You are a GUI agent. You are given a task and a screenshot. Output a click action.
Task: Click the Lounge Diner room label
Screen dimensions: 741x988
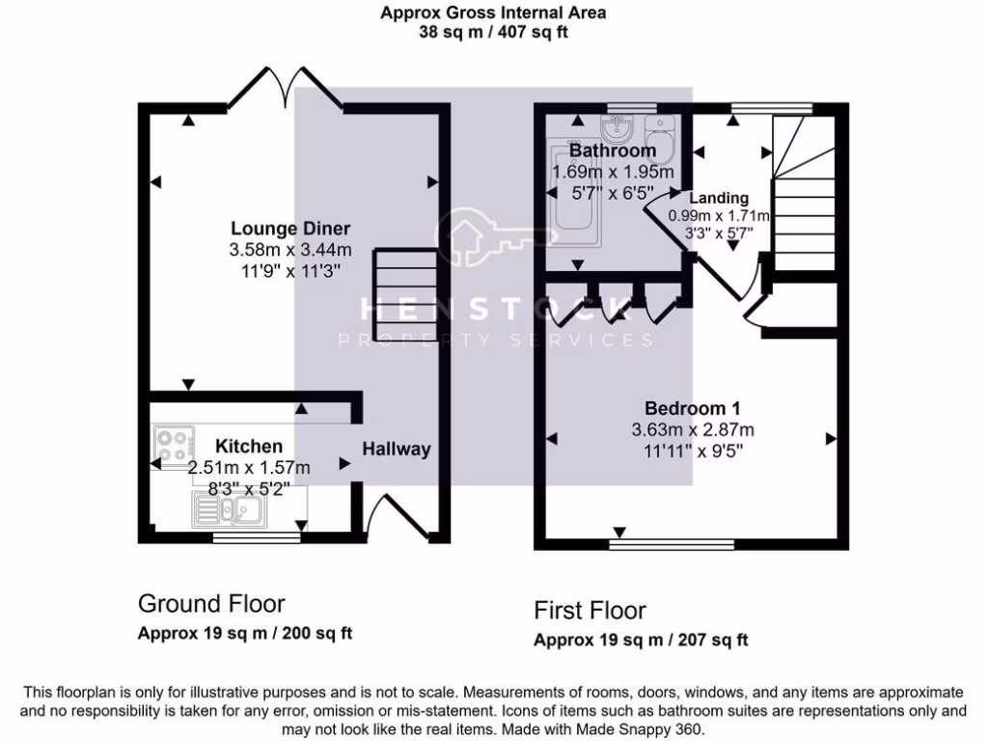[289, 229]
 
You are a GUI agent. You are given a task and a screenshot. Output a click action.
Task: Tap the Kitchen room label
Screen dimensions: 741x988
[249, 446]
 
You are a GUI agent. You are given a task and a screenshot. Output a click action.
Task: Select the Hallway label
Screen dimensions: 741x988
[397, 449]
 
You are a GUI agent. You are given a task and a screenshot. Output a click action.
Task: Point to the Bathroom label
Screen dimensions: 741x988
[612, 151]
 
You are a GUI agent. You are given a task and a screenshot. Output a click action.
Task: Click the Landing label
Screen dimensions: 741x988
[726, 198]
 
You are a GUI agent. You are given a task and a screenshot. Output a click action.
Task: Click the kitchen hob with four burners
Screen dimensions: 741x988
[174, 445]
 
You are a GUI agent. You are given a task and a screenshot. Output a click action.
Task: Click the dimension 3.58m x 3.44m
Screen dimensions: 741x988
[289, 249]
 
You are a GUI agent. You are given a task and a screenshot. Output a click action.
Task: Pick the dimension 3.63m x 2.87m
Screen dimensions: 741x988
[693, 429]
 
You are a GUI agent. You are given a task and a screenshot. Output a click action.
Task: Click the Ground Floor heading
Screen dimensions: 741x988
[211, 604]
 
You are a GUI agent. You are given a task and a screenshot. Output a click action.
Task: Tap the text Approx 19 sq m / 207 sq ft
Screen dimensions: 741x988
[641, 640]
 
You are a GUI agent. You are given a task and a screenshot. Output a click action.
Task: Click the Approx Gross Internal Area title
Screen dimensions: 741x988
[493, 14]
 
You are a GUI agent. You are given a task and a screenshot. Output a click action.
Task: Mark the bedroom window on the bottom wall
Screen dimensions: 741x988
[671, 544]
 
